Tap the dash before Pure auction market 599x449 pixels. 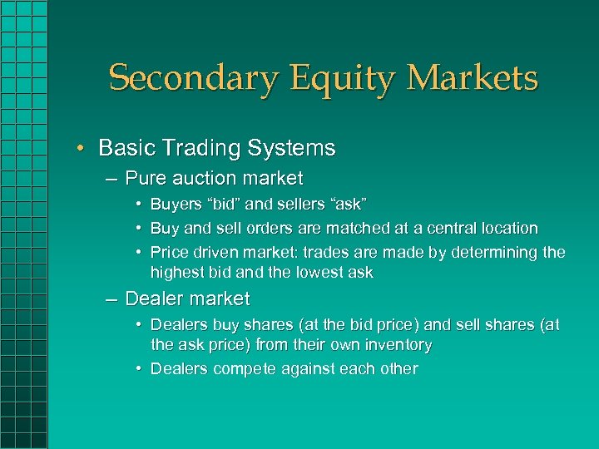point(111,179)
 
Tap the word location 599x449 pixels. point(508,228)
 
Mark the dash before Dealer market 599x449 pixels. point(111,299)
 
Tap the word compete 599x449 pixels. point(250,368)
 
